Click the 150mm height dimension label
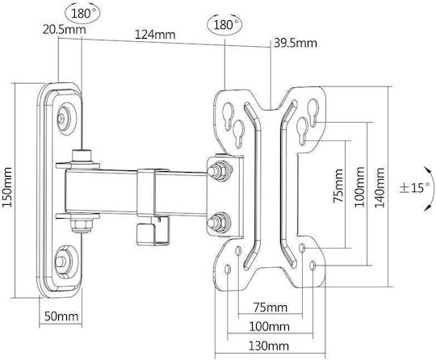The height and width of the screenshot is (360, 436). point(6,186)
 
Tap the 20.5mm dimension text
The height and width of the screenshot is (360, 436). point(65,30)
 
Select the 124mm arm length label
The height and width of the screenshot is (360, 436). point(155,35)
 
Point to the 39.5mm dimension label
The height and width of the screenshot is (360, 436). point(296,43)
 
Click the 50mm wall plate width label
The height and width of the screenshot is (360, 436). point(61,316)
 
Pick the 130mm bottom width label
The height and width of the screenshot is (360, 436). point(268,346)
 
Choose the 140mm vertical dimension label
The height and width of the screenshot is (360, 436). point(379,187)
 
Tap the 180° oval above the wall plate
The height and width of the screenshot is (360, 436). point(82,13)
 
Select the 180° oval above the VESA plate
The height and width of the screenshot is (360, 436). point(224,25)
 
